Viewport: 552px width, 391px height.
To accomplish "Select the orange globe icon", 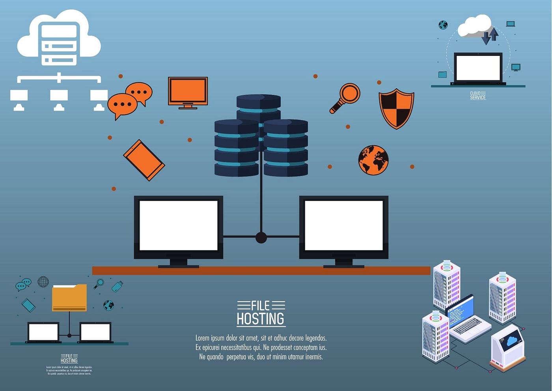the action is [373, 160].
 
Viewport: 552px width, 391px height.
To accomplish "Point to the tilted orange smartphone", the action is [144, 160].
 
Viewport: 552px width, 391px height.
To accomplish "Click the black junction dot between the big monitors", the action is [261, 237].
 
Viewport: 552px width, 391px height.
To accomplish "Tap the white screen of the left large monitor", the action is [179, 225].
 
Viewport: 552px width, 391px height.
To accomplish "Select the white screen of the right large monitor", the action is [344, 225].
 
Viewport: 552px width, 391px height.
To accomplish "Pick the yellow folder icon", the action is [69, 298].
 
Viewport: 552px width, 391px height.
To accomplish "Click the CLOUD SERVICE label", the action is [478, 95].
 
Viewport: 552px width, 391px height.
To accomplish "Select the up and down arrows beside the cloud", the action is [490, 35].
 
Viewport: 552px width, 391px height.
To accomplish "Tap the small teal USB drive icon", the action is [117, 286].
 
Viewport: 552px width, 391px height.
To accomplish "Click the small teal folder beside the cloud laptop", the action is [442, 74].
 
